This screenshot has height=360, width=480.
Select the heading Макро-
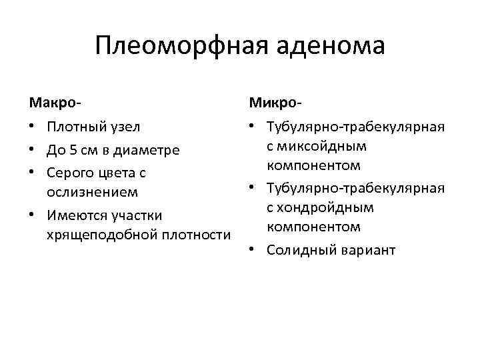[x=55, y=103]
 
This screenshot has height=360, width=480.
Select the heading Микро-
[x=275, y=103]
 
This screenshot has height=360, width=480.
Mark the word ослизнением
[x=92, y=192]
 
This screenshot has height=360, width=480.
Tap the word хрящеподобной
[x=100, y=235]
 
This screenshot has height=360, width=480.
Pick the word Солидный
[x=299, y=250]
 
